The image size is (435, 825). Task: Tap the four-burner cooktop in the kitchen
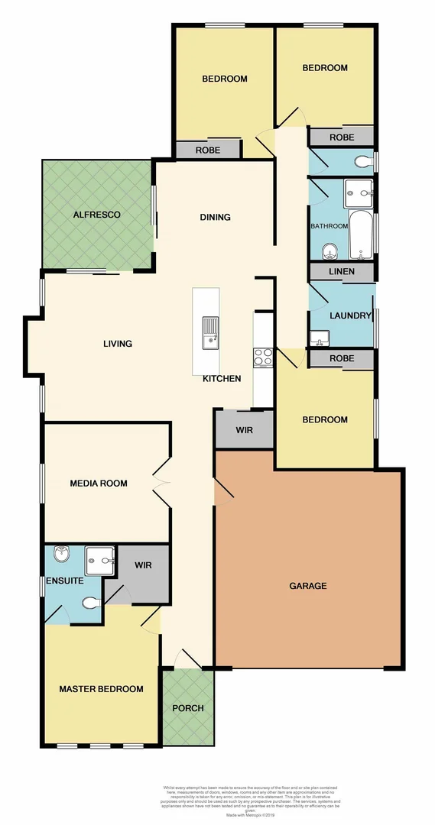263,357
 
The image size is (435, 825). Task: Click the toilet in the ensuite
91,603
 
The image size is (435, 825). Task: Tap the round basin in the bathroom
329,251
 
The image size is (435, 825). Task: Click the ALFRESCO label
97,215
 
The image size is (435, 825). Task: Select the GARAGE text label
308,586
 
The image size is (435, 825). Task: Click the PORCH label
188,708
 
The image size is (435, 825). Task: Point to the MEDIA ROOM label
99,484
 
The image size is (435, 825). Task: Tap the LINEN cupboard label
341,273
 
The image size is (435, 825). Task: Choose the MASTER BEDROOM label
102,689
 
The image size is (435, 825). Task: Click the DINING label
215,218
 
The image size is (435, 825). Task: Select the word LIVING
118,344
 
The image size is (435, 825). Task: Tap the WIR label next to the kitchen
244,431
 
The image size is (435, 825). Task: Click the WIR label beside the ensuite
144,566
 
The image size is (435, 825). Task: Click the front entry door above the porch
187,658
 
